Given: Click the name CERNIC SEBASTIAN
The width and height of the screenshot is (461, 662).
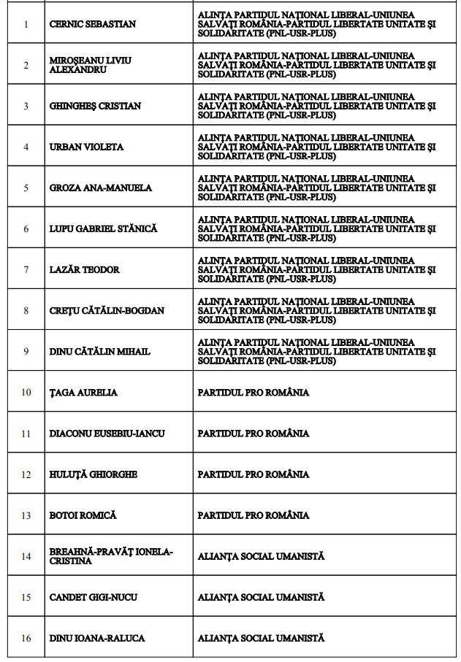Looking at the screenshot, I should tap(92, 24).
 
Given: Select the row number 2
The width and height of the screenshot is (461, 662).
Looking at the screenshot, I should tap(26, 65).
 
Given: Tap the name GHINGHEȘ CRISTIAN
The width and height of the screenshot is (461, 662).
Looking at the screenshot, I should tap(95, 106).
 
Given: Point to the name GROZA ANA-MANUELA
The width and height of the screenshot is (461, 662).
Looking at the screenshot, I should tap(101, 188).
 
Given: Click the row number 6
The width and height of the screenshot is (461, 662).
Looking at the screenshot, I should tap(26, 228).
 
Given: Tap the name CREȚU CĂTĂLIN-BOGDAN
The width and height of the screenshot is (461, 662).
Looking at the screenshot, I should tap(107, 310).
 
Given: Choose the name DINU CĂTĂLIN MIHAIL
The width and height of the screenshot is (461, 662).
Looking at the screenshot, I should tap(99, 351).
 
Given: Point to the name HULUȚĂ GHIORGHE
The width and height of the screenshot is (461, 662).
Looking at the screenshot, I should tap(93, 474).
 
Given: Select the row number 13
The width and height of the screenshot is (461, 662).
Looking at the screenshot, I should tap(26, 515).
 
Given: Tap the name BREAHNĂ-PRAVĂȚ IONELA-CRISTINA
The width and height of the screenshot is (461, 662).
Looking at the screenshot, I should tap(111, 556).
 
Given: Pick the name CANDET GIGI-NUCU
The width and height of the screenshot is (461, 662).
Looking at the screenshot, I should tap(94, 597).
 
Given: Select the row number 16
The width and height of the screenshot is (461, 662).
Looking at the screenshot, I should tap(26, 638).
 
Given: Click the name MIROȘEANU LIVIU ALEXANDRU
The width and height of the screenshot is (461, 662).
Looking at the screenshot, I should tap(91, 65).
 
